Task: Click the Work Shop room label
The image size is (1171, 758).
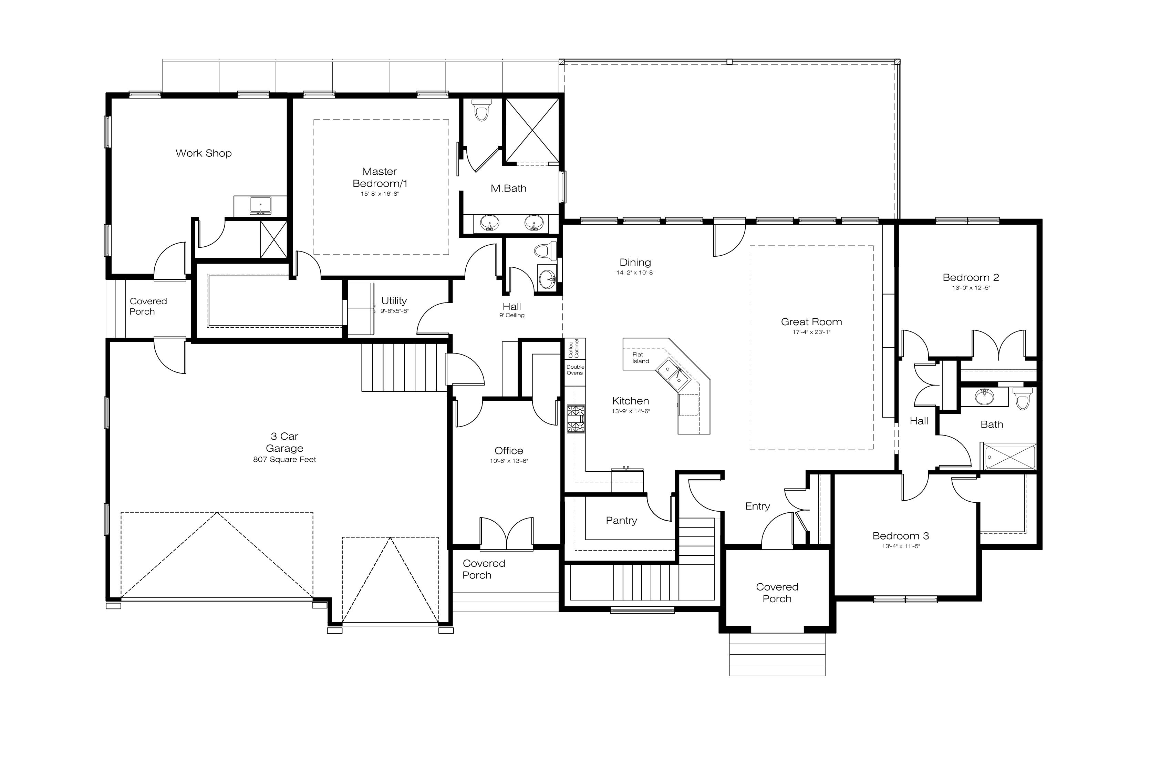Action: [203, 153]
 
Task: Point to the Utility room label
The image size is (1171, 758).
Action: [394, 300]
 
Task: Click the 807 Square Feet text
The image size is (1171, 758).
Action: [284, 460]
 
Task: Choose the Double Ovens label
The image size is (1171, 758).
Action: [575, 370]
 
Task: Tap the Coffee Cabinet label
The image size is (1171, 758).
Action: [574, 348]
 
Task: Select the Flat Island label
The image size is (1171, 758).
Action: [641, 358]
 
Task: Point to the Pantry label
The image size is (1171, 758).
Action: [621, 520]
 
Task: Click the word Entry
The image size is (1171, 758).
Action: [757, 506]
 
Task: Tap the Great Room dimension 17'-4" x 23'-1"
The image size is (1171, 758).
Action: [811, 332]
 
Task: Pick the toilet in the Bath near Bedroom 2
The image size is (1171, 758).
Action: [1023, 398]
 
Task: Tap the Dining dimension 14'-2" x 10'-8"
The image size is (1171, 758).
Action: [635, 273]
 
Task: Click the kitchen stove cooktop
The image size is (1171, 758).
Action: [576, 419]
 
